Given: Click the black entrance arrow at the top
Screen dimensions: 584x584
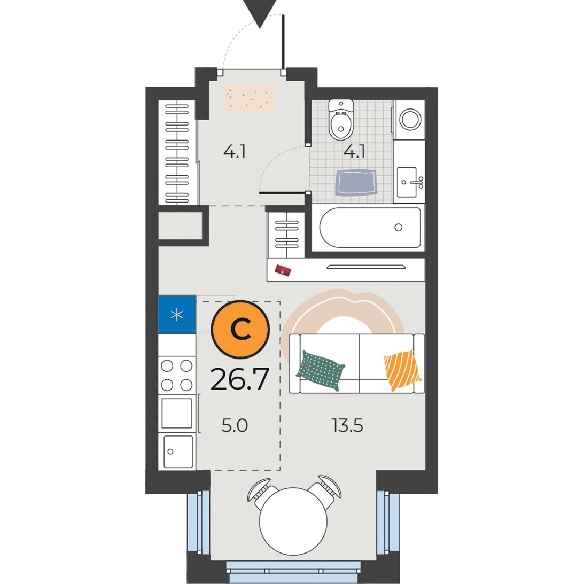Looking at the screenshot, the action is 260,11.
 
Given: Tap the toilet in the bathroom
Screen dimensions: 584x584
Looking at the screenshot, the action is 341,119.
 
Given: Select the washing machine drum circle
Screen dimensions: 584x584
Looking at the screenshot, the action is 410,119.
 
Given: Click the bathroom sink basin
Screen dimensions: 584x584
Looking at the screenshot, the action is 407,182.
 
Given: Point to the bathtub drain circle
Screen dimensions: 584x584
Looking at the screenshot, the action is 399,227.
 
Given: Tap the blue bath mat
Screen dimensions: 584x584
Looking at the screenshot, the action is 356,183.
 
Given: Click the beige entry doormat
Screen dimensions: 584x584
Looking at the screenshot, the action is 250,98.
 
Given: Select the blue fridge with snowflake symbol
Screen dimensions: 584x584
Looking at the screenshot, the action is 177,314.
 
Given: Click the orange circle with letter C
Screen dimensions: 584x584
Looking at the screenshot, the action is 240,329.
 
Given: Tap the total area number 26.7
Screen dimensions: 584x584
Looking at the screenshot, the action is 240,379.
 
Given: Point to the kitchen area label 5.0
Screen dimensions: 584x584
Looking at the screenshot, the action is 235,425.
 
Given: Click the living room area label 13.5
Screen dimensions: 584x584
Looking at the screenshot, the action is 347,425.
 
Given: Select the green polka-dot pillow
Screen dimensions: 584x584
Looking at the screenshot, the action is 320,370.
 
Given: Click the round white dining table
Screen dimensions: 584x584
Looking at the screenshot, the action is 293,521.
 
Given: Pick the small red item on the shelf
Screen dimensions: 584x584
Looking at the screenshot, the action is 283,270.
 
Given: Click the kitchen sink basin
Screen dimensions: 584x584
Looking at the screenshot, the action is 179,451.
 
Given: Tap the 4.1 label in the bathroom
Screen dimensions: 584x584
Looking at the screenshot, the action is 354,152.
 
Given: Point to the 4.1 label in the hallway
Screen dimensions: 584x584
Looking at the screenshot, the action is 235,152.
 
